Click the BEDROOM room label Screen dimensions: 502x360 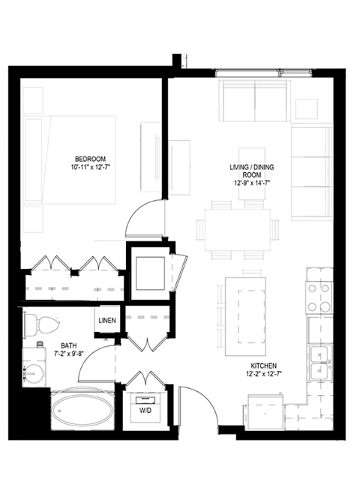[x=89, y=158]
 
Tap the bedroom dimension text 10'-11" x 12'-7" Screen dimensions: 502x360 [x=89, y=167]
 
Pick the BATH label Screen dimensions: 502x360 [x=69, y=345]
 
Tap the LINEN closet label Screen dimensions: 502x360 [x=106, y=321]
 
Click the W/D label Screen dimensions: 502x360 [x=145, y=411]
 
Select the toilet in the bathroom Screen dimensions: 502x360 [x=43, y=324]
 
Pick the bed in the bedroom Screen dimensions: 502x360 [x=69, y=159]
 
